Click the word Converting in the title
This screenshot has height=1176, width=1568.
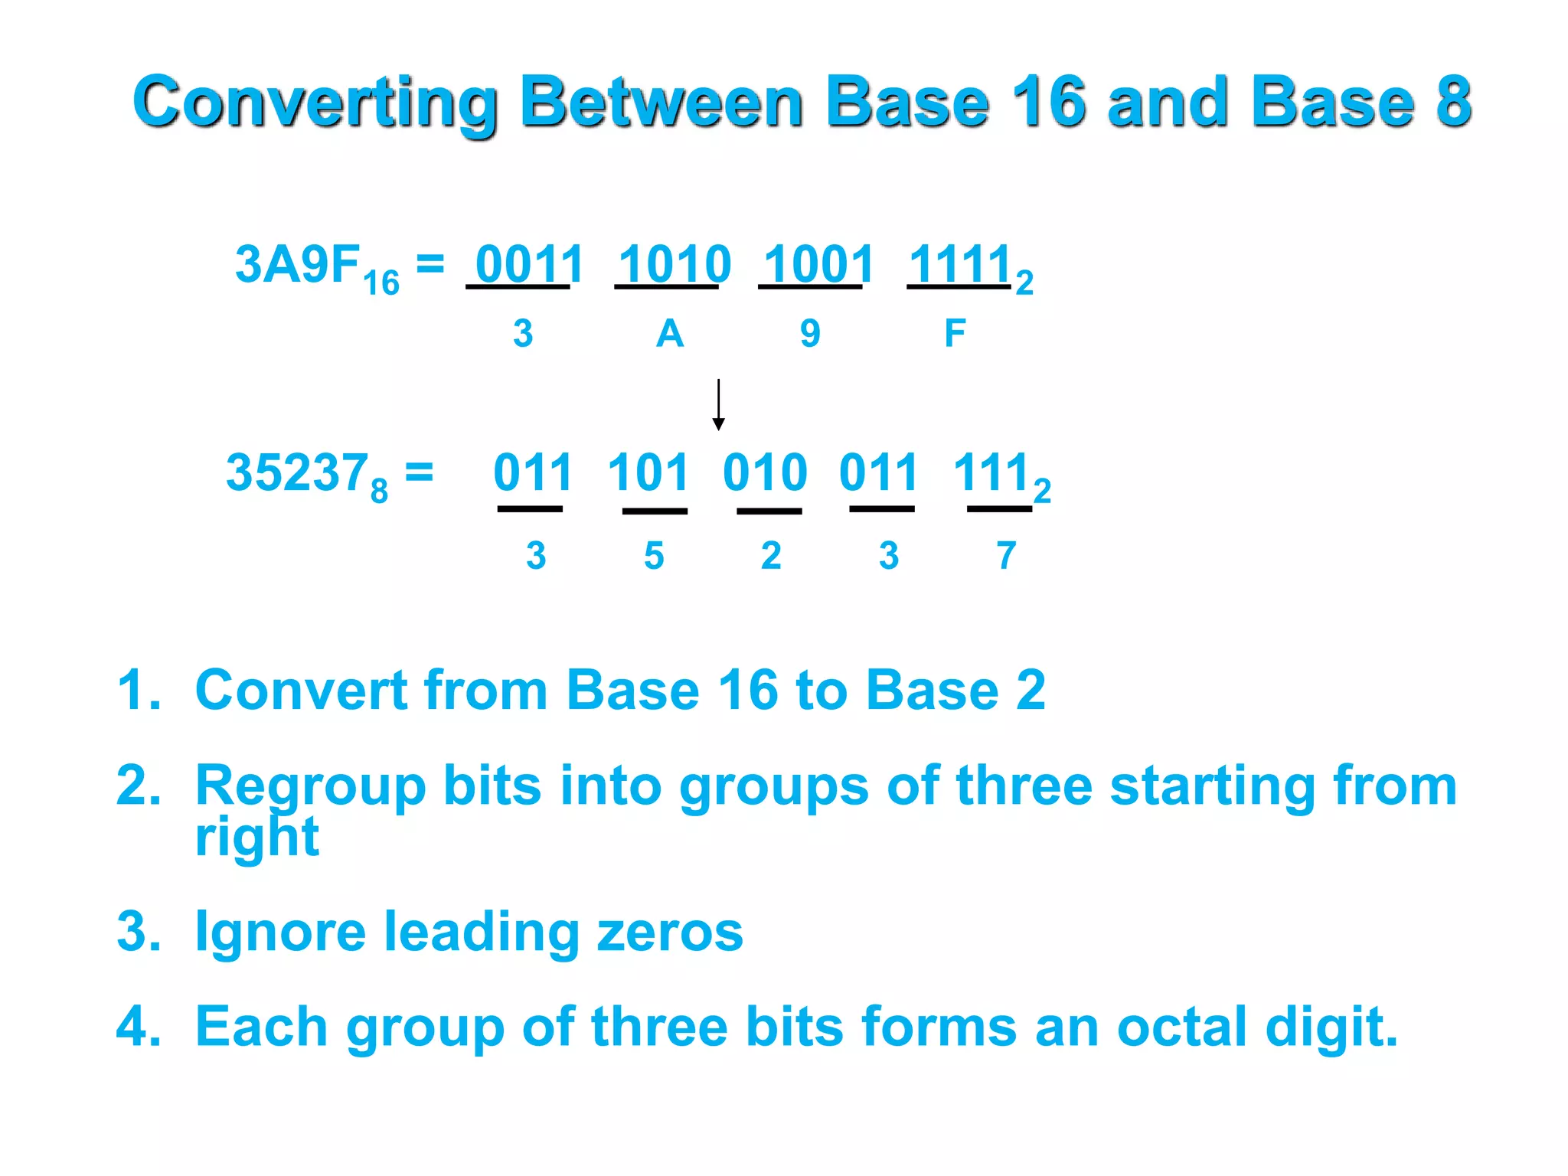click(x=315, y=103)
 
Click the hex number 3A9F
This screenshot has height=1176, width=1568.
click(x=297, y=264)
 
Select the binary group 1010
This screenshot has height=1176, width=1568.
click(x=674, y=264)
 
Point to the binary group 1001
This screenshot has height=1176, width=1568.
click(x=818, y=264)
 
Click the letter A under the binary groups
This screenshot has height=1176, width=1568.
click(x=669, y=334)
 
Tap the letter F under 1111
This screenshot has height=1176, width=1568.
click(x=955, y=334)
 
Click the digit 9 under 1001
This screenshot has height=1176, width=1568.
click(x=810, y=334)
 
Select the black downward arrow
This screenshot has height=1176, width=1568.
click(x=718, y=404)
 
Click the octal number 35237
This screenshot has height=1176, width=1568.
click(x=296, y=472)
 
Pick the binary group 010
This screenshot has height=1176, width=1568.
click(x=765, y=472)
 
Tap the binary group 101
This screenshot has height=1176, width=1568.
click(x=648, y=472)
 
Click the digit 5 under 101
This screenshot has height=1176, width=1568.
click(x=653, y=555)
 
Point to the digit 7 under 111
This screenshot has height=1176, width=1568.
click(x=1006, y=555)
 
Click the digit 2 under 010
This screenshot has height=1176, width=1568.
click(x=771, y=555)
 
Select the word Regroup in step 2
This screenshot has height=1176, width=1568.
click(x=310, y=787)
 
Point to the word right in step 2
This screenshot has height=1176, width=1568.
click(x=256, y=838)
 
